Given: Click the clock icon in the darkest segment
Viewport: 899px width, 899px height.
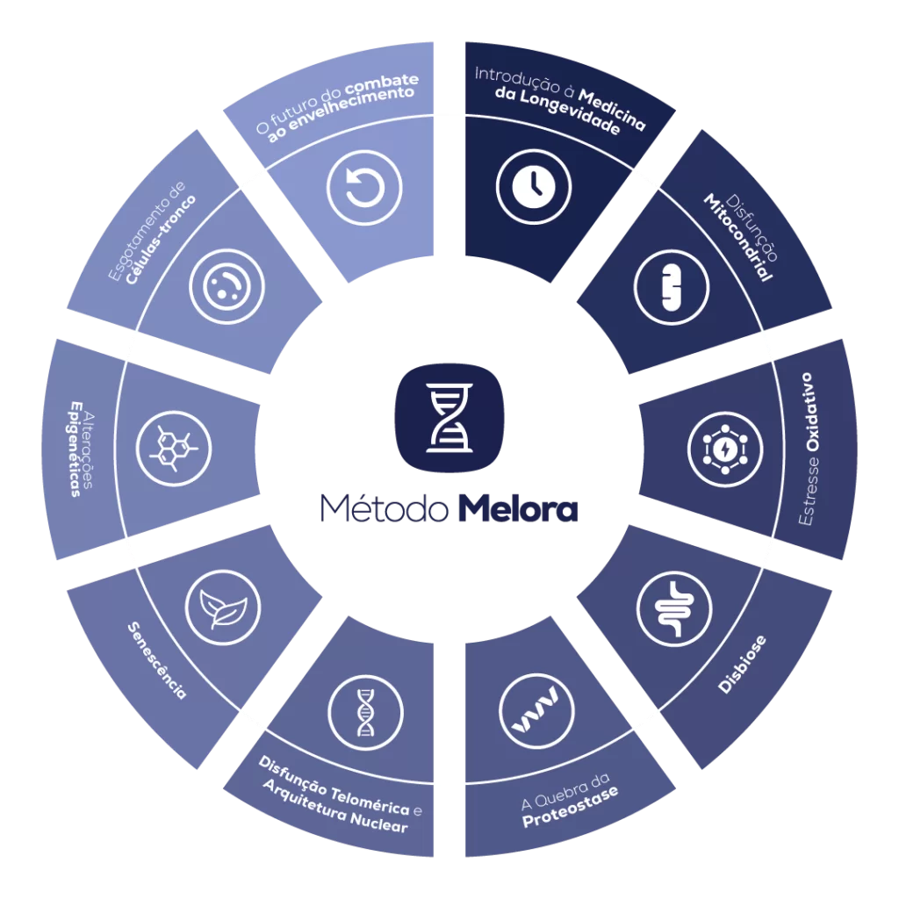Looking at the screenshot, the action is [x=534, y=187].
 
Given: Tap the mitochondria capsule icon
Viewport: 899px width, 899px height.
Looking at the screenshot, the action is [x=672, y=287].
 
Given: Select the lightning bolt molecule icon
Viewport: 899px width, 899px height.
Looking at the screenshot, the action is [x=725, y=449].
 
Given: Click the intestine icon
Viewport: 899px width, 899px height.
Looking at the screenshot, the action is [x=674, y=608].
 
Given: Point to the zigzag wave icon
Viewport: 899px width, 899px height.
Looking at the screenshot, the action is [x=536, y=711].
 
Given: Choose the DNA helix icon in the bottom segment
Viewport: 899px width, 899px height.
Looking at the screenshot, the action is [x=366, y=713].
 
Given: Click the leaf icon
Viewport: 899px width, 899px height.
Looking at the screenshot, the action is [x=223, y=608].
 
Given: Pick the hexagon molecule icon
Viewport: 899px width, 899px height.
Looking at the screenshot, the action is [x=174, y=449].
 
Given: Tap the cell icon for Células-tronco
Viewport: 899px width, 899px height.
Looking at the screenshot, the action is [x=227, y=287].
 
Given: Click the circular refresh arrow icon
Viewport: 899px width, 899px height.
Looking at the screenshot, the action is [x=364, y=188].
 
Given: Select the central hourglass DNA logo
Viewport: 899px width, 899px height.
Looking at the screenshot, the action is [x=449, y=418].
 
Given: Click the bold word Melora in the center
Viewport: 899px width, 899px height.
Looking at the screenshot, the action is [x=518, y=508].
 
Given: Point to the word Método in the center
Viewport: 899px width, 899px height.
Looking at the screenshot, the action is [x=385, y=508].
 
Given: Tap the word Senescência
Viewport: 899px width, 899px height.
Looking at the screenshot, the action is [x=157, y=660].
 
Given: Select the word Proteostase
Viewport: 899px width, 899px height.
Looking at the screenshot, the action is [x=571, y=806].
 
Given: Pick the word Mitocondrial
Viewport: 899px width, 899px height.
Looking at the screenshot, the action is [x=737, y=237].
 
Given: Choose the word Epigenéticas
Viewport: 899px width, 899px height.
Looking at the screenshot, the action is [x=76, y=449].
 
